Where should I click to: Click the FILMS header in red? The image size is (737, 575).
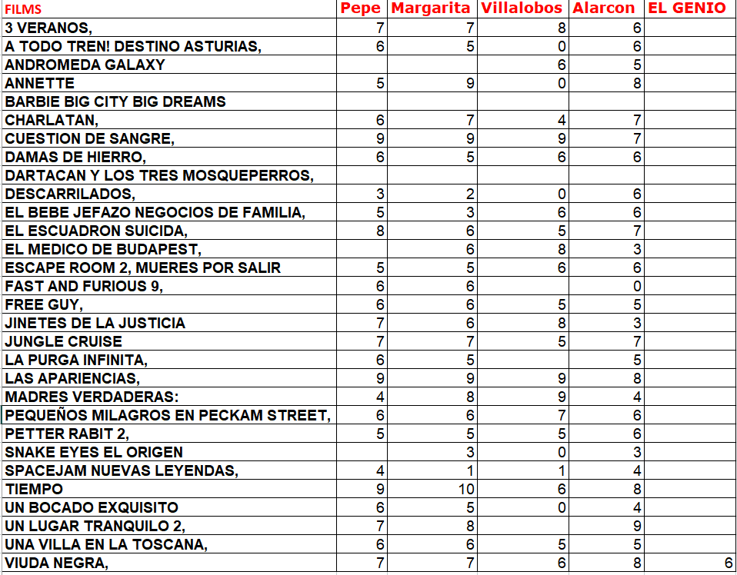point(23,10)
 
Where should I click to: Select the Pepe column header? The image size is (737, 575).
point(361,8)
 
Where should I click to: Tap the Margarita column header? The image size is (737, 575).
point(431,8)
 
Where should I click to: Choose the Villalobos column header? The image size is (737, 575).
point(522,8)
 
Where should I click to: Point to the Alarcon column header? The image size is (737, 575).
point(604,8)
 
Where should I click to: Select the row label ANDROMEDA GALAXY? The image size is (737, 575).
point(85,65)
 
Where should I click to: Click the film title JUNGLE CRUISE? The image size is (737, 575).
point(63,341)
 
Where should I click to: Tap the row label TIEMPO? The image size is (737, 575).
point(34,489)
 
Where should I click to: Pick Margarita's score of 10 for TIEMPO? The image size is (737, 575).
point(466,489)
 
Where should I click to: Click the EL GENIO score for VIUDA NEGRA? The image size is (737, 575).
point(728,563)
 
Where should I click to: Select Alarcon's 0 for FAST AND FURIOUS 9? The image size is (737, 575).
point(637,286)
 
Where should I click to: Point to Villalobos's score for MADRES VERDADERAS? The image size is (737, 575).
point(562,397)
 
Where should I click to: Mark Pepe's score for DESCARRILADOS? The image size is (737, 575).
point(380,194)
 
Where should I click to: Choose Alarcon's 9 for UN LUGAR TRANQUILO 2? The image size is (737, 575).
point(637,526)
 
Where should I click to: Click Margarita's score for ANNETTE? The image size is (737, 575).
point(470,83)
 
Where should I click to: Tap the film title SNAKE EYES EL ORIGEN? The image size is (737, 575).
point(94,452)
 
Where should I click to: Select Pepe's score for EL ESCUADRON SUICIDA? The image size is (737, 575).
point(380,231)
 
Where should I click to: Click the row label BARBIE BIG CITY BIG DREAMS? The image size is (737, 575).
point(115,101)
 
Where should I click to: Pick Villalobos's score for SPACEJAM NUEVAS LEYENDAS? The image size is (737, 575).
point(562,470)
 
